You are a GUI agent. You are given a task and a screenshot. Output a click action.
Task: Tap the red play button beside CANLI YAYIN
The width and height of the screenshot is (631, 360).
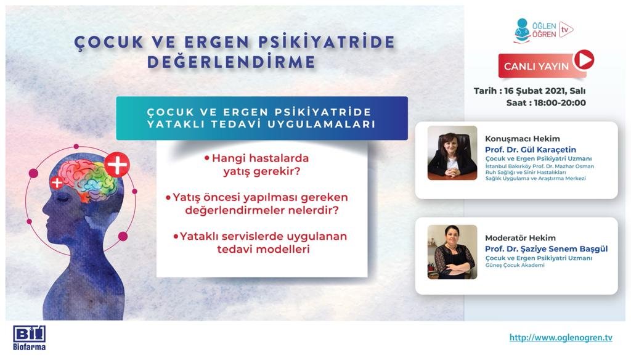coord(583,60)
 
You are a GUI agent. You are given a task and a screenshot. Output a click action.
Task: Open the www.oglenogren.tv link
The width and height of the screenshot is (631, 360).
coord(560,337)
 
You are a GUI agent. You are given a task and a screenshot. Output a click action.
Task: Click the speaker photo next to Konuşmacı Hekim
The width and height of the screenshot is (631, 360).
coord(452,153)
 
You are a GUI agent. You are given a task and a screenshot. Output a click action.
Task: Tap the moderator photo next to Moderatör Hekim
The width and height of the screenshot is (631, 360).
coord(452,252)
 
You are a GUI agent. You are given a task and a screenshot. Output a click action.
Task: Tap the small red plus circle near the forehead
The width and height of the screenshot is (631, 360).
coord(57,182)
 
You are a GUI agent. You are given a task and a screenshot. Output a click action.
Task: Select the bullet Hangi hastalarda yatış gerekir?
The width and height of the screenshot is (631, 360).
coord(258,165)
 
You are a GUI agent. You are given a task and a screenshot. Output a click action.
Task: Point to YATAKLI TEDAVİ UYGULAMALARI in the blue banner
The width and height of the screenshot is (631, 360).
coord(261,123)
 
